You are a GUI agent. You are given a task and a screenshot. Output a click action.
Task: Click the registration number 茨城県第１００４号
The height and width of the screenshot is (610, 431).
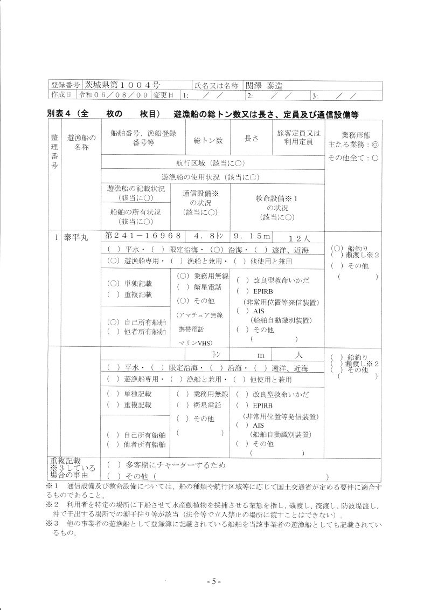[121, 85]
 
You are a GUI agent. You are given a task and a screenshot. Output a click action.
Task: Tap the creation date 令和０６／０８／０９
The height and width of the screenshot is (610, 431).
[113, 95]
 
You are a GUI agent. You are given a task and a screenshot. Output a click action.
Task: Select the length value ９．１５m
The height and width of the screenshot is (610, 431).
[251, 236]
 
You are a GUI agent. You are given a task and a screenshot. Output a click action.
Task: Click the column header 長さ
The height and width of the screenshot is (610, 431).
[252, 138]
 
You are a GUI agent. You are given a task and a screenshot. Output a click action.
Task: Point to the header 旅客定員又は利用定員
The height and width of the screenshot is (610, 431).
[298, 138]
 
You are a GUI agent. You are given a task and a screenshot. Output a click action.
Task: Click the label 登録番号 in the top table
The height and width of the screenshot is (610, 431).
[65, 85]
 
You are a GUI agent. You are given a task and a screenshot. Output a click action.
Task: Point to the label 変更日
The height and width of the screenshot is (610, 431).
[163, 95]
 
